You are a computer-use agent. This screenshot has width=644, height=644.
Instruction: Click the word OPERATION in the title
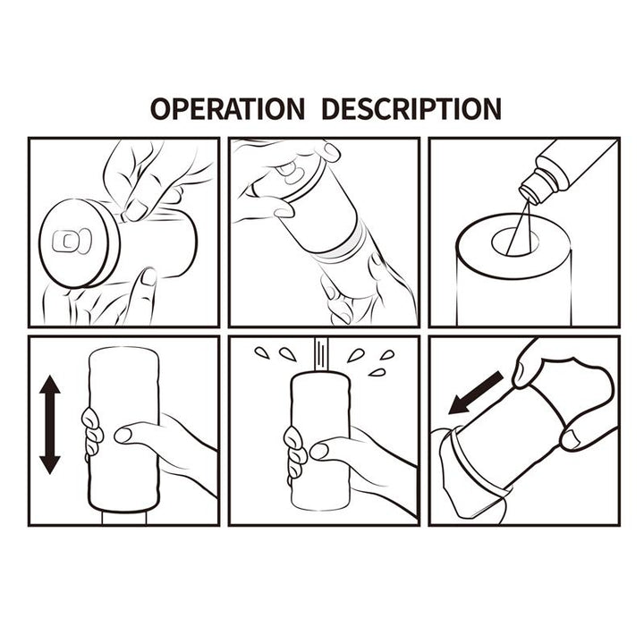(x=226, y=108)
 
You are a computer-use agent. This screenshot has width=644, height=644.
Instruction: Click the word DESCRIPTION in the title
(x=411, y=108)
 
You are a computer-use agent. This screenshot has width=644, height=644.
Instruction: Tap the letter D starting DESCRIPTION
(x=329, y=108)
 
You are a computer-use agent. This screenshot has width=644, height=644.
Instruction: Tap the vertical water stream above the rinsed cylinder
(x=318, y=353)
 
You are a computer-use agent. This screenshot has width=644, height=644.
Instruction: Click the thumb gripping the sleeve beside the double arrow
(x=134, y=436)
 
